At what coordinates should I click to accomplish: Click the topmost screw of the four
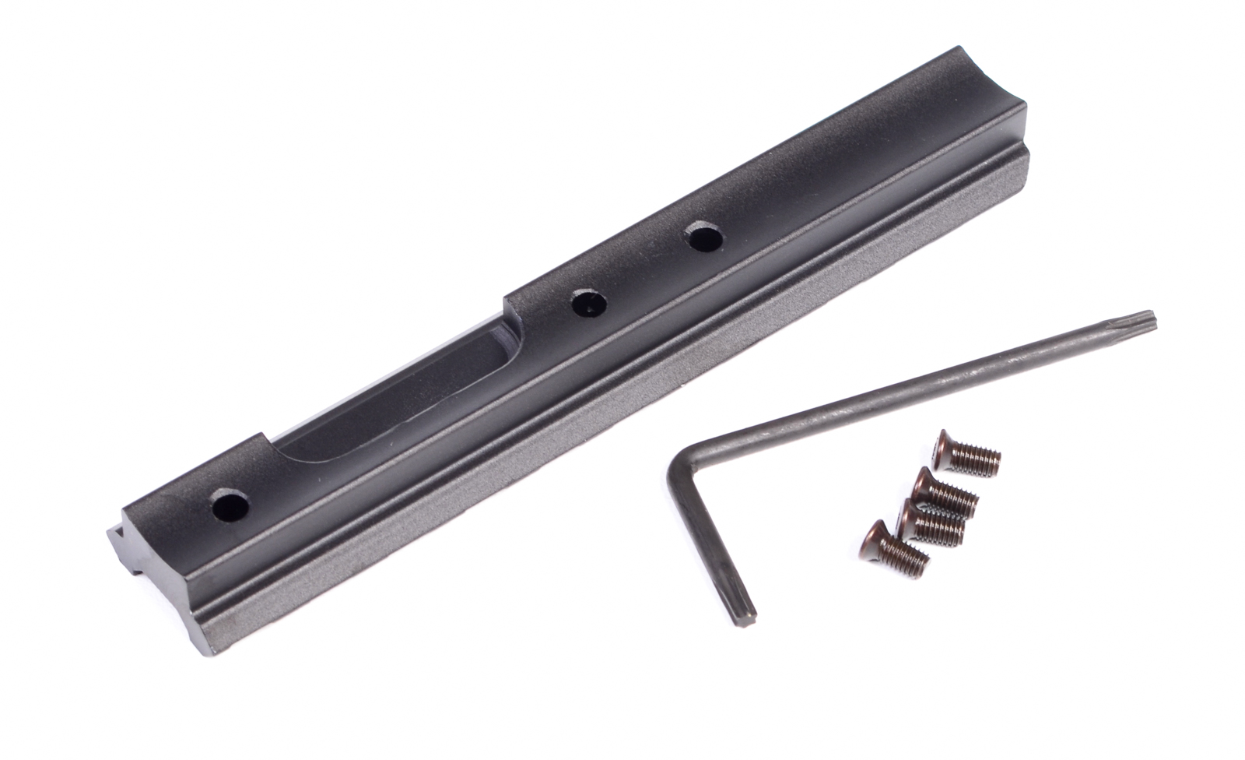(x=964, y=453)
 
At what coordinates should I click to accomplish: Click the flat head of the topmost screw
(x=944, y=445)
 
